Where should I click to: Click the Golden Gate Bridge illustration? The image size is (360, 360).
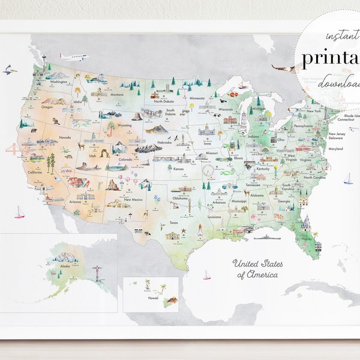13,149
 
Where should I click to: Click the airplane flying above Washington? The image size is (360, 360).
73,57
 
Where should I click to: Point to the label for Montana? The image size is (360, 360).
116,94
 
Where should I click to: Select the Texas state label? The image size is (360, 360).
173,222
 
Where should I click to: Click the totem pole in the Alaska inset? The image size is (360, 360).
97,274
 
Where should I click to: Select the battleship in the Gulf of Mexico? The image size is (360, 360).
266,238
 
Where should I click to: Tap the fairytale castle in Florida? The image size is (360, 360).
306,224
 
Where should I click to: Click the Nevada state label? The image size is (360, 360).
65,137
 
